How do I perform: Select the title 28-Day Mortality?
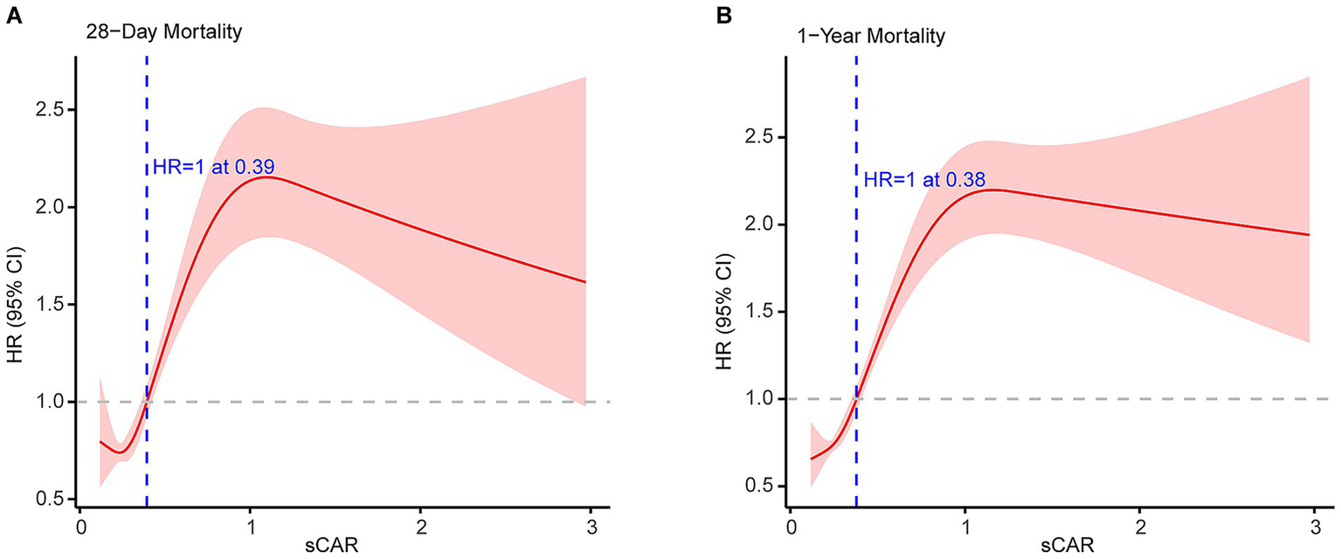[163, 34]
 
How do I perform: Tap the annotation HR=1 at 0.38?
[925, 180]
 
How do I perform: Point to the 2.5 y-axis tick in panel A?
[56, 110]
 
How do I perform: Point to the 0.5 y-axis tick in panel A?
[56, 499]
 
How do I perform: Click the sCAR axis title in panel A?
[335, 548]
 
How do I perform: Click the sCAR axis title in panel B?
[1052, 548]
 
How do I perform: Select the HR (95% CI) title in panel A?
[15, 283]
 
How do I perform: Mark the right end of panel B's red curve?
[1310, 234]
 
